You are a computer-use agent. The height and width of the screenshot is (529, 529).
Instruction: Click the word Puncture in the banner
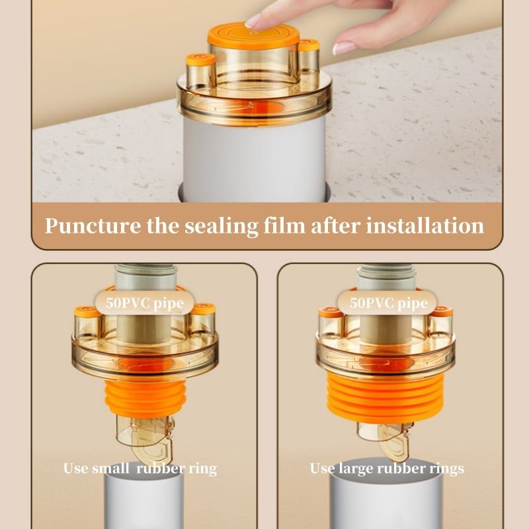click(x=93, y=226)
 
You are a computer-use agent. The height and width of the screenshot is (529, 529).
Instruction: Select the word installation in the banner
click(x=425, y=225)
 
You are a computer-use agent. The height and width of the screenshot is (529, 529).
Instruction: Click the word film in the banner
click(x=284, y=225)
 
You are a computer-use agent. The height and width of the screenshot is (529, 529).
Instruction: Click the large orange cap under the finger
click(x=253, y=35)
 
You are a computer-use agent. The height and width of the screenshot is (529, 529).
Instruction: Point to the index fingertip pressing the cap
click(x=253, y=21)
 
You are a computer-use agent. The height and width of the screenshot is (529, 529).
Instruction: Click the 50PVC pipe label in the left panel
click(x=145, y=304)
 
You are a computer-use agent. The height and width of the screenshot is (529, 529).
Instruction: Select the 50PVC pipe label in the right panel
click(x=388, y=304)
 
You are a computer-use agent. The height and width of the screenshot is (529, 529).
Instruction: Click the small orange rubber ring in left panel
click(x=145, y=399)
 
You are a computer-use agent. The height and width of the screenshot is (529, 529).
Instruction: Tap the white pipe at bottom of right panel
click(x=386, y=499)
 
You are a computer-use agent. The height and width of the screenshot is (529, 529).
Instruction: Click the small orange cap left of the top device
click(x=200, y=60)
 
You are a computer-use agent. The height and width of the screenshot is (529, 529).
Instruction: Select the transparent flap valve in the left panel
click(x=145, y=437)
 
